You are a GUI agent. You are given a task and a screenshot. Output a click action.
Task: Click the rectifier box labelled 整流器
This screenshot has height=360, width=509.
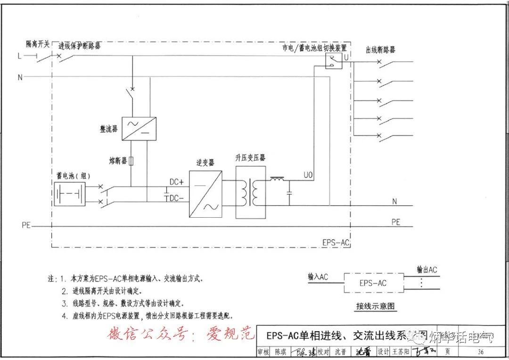pos(139,128)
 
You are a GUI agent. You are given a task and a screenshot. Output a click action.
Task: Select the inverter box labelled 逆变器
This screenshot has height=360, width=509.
pos(205,194)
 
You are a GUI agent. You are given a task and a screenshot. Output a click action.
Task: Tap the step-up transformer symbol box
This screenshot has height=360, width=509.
pos(251,192)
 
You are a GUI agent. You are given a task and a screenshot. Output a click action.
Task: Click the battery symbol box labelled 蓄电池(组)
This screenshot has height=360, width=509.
pos(70,193)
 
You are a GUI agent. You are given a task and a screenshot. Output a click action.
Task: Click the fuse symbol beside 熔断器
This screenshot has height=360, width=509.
pos(131,161)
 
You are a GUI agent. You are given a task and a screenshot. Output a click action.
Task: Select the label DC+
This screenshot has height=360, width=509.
pos(177,182)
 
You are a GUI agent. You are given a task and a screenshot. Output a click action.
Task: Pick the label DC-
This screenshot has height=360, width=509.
pos(177,198)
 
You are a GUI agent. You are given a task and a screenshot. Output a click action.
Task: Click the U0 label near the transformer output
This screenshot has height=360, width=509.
pos(308,175)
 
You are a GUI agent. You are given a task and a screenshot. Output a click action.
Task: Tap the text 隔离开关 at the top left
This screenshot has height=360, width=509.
pos(38,44)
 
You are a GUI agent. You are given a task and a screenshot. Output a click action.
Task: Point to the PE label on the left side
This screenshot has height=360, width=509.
pos(26,225)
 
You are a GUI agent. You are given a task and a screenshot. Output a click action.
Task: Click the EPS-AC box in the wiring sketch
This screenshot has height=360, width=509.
pos(373,283)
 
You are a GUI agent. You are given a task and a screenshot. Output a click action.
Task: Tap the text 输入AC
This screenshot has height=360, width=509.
pos(318,277)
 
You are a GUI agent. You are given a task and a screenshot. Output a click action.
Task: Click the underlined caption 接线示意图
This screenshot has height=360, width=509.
pos(375,306)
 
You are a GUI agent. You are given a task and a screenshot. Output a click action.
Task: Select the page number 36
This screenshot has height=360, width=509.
pos(480,352)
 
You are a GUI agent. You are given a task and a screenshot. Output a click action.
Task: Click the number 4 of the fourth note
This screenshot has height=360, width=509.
pos(64,316)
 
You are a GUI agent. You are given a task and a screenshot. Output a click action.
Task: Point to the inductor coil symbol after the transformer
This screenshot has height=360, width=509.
pos(277,179)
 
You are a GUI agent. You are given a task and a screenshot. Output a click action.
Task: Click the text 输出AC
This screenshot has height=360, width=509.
pos(427,270)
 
